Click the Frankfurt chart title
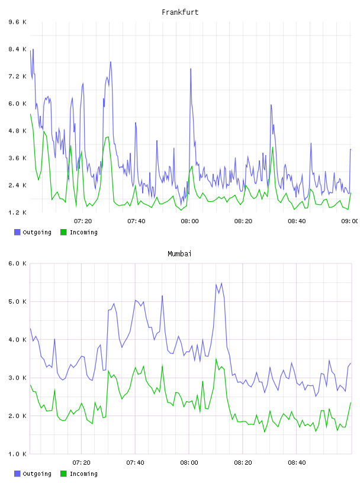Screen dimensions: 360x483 (x=180, y=12)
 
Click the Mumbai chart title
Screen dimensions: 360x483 (x=179, y=254)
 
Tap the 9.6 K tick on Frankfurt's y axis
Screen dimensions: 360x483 (x=18, y=22)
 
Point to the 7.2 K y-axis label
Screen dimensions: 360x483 (x=18, y=76)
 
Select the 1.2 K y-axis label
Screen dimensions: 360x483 (x=18, y=212)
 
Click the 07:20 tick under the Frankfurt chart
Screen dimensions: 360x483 (x=83, y=221)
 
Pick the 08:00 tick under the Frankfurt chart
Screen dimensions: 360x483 (x=190, y=221)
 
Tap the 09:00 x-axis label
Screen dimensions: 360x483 (x=350, y=221)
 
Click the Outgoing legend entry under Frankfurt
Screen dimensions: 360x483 (x=33, y=232)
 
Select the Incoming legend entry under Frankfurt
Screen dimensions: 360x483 (x=79, y=232)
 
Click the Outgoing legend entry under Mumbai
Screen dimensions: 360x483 (x=33, y=474)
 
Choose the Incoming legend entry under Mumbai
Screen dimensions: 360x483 (x=79, y=474)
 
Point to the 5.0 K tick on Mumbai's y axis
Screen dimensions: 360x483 (x=18, y=301)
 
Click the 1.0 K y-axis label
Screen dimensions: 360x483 (x=18, y=454)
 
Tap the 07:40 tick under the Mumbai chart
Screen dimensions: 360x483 (x=136, y=463)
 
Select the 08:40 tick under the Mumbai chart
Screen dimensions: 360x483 (x=297, y=463)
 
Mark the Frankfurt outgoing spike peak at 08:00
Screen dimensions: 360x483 (x=191, y=69)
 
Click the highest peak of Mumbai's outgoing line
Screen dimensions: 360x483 (x=221, y=283)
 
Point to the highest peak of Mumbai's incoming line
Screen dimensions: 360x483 (x=216, y=359)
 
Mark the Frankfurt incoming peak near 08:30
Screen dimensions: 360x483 (x=273, y=147)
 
